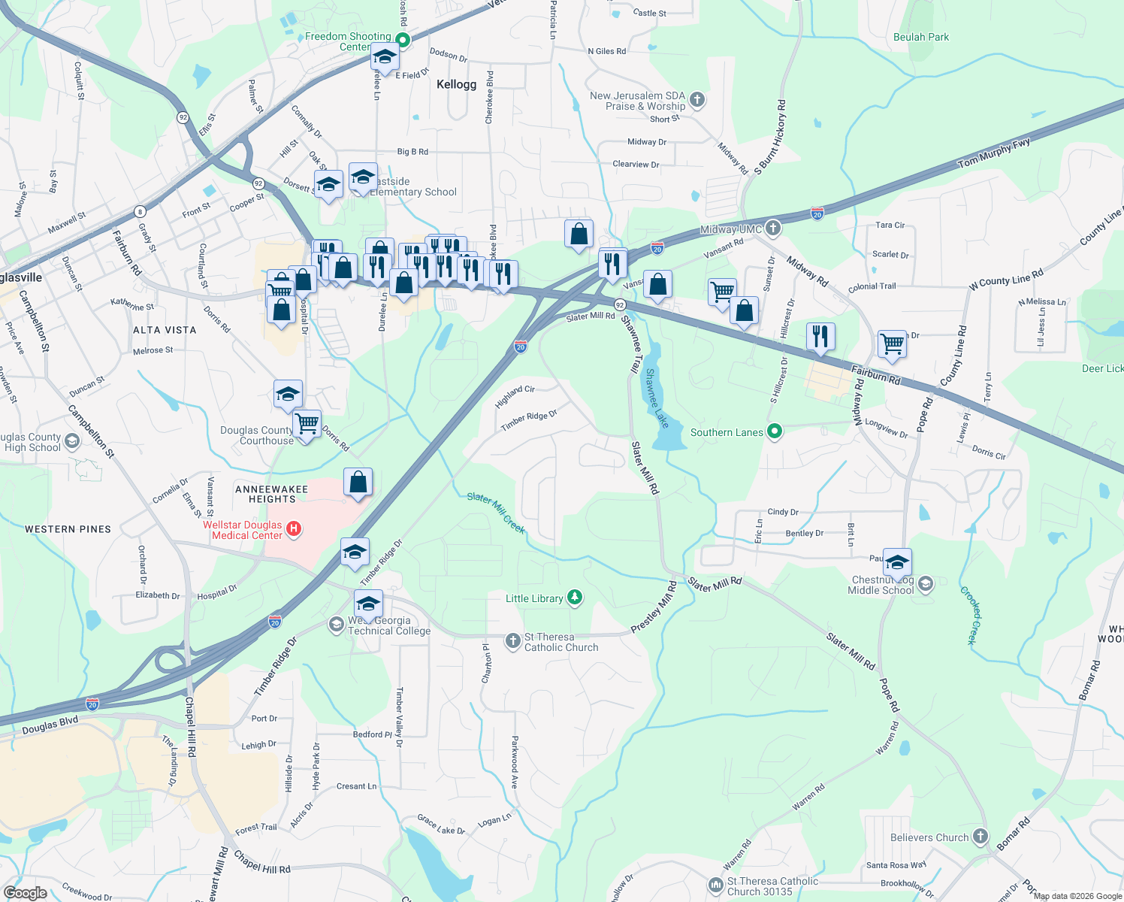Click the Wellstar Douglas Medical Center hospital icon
pos(294,529)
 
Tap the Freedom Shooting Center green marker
pos(402,41)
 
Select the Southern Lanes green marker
pos(775,431)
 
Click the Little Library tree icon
pos(575,598)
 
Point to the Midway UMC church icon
pos(773,229)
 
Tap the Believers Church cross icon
pos(980,837)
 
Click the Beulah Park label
pos(921,37)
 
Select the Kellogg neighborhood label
pos(456,84)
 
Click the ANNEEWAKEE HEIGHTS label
pos(271,494)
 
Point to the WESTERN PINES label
pos(68,529)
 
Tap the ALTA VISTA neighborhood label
pos(165,330)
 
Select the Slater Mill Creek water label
pos(496,512)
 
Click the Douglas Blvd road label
pos(50,725)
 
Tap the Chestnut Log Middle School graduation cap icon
pos(926,584)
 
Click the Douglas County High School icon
pos(72,441)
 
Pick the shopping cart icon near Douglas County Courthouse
pos(307,423)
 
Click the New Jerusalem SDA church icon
pos(697,100)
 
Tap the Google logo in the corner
pos(25,892)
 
